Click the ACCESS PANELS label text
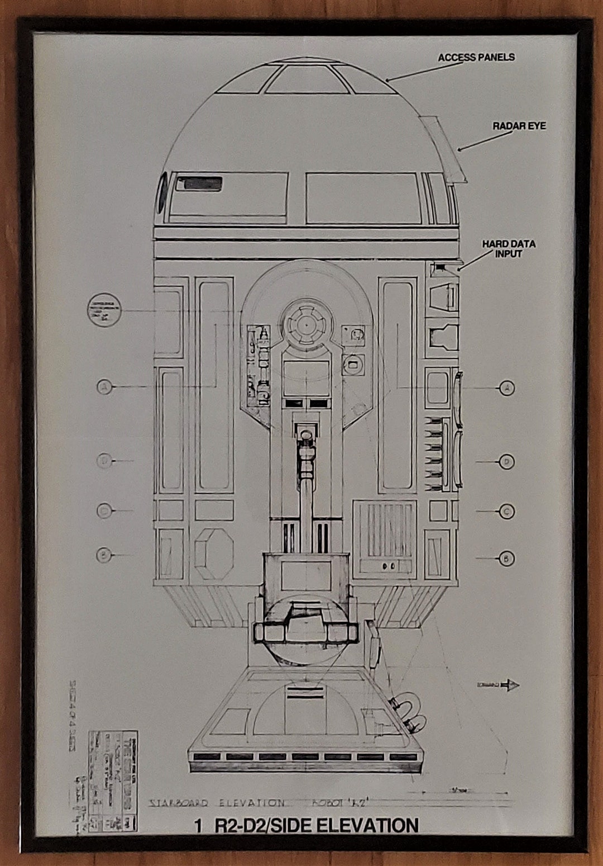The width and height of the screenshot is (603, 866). click(476, 57)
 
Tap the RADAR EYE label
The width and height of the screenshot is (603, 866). click(519, 126)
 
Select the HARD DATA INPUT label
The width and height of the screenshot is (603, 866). click(509, 249)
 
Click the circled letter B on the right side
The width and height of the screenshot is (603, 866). click(506, 558)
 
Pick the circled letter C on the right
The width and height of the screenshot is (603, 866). click(506, 512)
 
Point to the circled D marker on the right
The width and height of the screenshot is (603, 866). click(506, 462)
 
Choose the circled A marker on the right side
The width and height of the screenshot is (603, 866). click(506, 387)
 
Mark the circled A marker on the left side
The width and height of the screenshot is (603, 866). click(104, 386)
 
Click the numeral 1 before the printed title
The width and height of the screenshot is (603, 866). click(198, 826)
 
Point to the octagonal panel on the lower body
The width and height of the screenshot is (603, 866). click(215, 553)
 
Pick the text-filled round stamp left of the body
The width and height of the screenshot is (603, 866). click(104, 310)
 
